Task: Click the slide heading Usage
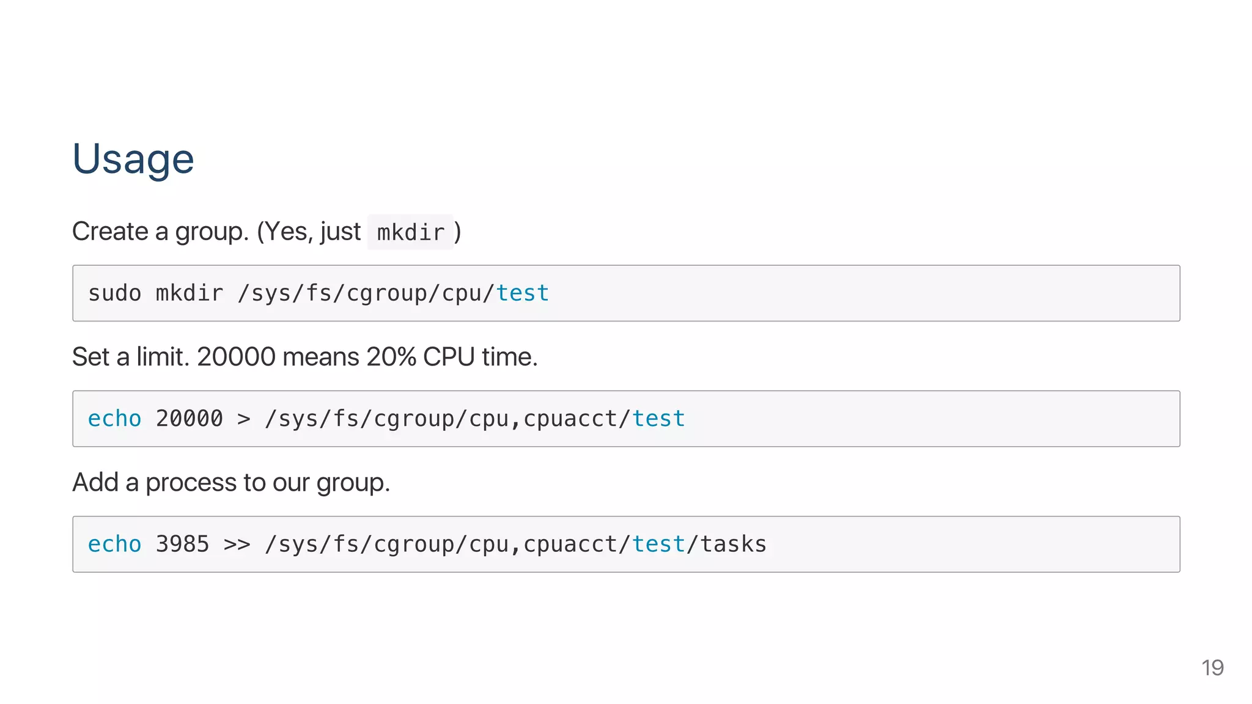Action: click(x=133, y=159)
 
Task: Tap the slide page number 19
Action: click(x=1212, y=668)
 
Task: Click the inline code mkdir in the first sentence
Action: click(x=410, y=233)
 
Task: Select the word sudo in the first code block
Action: click(x=114, y=293)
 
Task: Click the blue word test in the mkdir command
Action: click(x=522, y=293)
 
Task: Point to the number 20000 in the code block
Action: click(x=189, y=419)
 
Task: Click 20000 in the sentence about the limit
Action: click(x=236, y=357)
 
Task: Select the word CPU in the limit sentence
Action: click(x=448, y=357)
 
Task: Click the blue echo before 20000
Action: click(x=114, y=419)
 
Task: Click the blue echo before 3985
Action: click(x=114, y=544)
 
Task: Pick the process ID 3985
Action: click(x=182, y=544)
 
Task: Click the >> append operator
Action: click(x=237, y=544)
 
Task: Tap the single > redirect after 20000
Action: click(x=243, y=419)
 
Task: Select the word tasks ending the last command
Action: click(x=733, y=544)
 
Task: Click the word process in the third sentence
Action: click(x=191, y=483)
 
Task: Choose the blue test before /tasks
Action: click(x=658, y=544)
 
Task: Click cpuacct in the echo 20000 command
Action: click(x=570, y=419)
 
